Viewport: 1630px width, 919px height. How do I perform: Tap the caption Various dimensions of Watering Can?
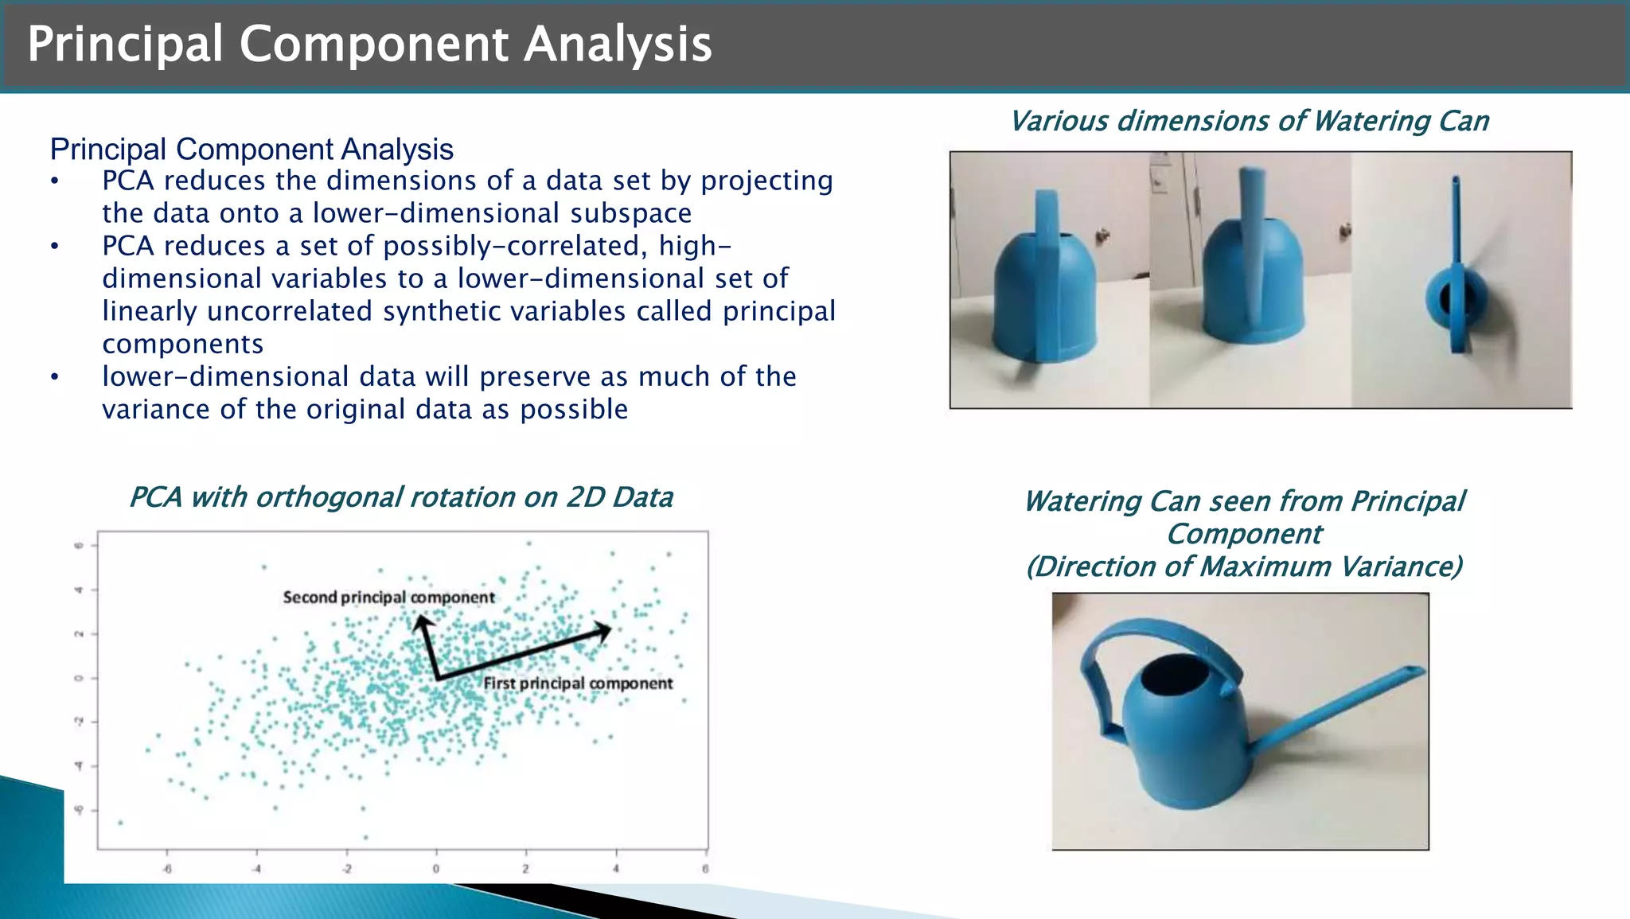[x=1249, y=122]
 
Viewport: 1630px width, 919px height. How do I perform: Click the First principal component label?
[x=578, y=683]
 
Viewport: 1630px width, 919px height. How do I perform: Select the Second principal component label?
[x=388, y=598]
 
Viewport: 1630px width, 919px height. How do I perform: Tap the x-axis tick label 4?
[x=616, y=869]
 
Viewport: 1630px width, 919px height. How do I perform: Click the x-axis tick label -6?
[x=167, y=869]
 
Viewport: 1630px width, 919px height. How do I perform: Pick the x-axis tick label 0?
[x=436, y=869]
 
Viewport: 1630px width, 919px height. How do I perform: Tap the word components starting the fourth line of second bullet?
[x=182, y=344]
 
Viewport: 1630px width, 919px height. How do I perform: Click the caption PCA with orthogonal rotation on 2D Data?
[x=400, y=498]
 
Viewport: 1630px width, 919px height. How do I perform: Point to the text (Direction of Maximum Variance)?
[x=1244, y=567]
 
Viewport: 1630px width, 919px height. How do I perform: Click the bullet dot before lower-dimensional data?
[x=54, y=377]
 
